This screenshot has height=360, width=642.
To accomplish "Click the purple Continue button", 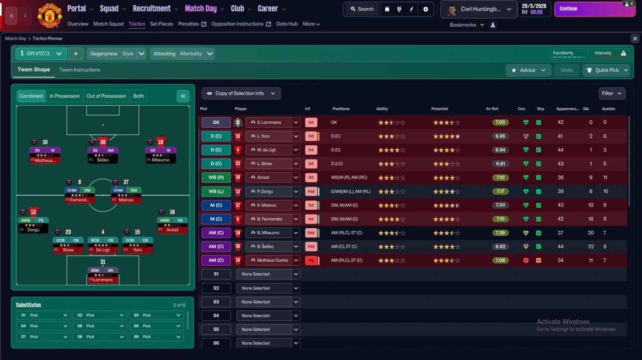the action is coord(595,9).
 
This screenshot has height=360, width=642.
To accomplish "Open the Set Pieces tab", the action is coord(162,24).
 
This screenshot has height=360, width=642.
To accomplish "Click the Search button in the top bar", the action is coord(362,9).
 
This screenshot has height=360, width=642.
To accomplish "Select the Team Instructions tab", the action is coord(80,70).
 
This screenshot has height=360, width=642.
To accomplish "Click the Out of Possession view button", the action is coord(106,96).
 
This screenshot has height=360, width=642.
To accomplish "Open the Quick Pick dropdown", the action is coord(607,70).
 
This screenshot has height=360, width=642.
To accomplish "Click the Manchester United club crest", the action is coord(50,16).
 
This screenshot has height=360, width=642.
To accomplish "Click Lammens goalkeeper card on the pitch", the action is coord(103,275).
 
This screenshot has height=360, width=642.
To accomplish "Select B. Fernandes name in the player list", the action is coord(269,219).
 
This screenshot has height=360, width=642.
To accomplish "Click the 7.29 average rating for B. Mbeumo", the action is coord(500,233).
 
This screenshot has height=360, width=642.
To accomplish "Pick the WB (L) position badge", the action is coord(216,192).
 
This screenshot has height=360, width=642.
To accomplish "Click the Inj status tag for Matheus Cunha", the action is coord(311,260).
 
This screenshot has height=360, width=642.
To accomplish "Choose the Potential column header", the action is coord(439,109).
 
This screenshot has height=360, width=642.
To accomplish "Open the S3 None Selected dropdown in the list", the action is coord(268,302).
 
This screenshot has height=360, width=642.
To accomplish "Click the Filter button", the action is coord(611,93).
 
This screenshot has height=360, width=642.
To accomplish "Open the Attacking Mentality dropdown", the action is coord(182,54).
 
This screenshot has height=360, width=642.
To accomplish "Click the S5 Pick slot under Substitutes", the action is coord(99,326).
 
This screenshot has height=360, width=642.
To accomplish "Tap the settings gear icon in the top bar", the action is coord(426,9).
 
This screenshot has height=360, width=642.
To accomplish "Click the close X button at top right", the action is coord(635,39).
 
